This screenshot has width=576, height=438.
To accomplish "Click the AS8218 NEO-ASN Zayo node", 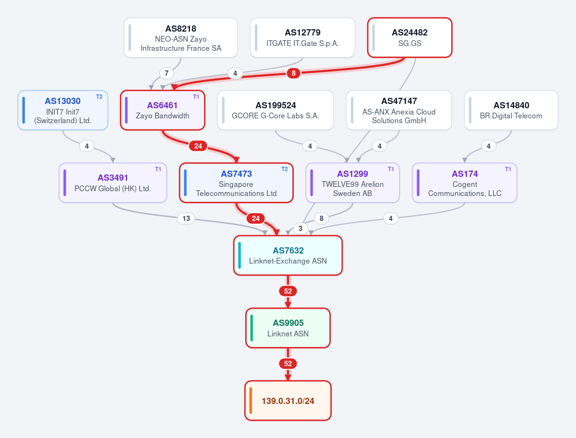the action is (181, 37).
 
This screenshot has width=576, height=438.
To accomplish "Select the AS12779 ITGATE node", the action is (302, 37).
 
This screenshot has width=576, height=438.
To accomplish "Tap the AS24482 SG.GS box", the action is (409, 37).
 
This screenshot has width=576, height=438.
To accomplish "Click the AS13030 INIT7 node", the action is (63, 110).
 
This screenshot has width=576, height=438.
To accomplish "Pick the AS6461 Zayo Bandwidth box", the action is (162, 110).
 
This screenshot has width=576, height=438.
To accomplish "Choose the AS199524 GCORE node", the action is (276, 110).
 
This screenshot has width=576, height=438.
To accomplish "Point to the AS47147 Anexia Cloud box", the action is (399, 110).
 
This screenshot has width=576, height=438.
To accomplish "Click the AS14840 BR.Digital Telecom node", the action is (511, 110).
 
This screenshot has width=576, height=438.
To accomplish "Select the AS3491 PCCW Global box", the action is (113, 183).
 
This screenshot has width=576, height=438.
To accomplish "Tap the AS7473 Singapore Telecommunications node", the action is (236, 183).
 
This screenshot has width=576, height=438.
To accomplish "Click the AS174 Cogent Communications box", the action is (465, 183).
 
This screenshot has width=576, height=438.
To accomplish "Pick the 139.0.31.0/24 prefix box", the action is (288, 401).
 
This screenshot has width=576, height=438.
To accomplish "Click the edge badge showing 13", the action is (186, 218).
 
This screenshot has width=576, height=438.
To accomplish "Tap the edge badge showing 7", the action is (167, 73).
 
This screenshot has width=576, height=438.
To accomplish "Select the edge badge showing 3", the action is (300, 229).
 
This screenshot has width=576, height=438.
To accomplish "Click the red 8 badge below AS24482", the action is (294, 73).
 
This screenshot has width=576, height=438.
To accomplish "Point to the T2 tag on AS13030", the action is (99, 97).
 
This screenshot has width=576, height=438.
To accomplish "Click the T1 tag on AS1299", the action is (391, 169).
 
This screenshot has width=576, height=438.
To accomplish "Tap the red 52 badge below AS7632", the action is (288, 291).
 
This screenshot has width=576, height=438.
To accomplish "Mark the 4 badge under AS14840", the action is (489, 146).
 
